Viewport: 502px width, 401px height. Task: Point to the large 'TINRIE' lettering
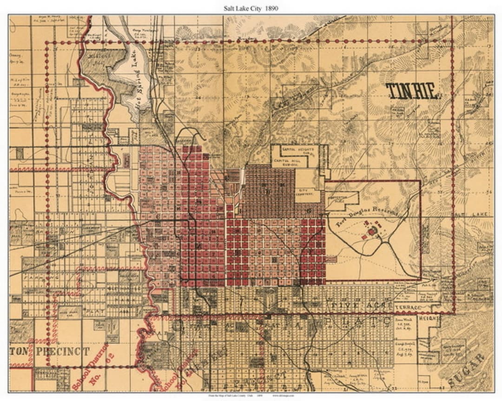coord(412,92)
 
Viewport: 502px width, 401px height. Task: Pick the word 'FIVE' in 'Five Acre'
coord(345,306)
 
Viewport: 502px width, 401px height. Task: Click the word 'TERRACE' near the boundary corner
coord(408,308)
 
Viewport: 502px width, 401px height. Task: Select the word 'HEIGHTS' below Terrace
coord(429,320)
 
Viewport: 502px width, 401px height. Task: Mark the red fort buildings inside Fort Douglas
coord(372,230)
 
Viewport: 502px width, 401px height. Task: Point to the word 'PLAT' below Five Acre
coord(372,321)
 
